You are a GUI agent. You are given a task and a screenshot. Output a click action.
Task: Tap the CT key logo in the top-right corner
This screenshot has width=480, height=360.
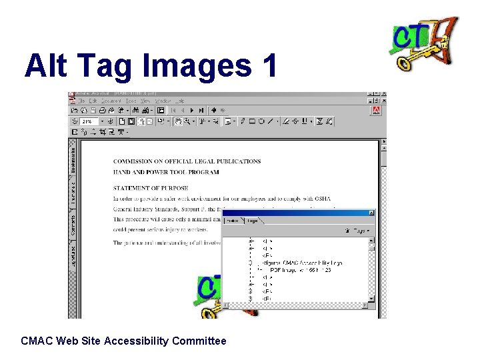pyautogui.click(x=424, y=43)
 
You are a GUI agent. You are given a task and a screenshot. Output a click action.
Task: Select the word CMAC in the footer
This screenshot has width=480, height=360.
pyautogui.click(x=37, y=341)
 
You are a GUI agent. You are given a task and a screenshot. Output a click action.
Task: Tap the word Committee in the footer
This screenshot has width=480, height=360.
pyautogui.click(x=199, y=341)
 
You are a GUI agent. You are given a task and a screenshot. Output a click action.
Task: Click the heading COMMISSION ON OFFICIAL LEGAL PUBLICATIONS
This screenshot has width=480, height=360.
pyautogui.click(x=187, y=161)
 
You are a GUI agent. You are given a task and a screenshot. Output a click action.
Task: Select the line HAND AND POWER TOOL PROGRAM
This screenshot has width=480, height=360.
pyautogui.click(x=166, y=172)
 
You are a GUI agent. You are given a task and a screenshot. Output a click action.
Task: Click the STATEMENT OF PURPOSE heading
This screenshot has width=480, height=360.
pyautogui.click(x=151, y=188)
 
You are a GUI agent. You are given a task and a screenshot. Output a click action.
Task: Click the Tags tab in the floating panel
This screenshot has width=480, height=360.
pyautogui.click(x=252, y=221)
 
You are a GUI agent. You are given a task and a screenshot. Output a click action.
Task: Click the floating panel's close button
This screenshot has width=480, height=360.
pyautogui.click(x=371, y=213)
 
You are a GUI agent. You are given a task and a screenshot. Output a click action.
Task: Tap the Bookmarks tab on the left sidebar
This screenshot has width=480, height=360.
pyautogui.click(x=73, y=160)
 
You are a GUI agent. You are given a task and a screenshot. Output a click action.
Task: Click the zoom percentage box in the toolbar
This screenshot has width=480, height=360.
pyautogui.click(x=89, y=121)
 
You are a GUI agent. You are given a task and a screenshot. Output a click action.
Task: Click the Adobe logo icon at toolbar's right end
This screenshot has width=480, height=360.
pyautogui.click(x=377, y=111)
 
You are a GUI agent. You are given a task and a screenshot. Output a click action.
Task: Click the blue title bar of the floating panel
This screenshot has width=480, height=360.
pyautogui.click(x=293, y=213)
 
